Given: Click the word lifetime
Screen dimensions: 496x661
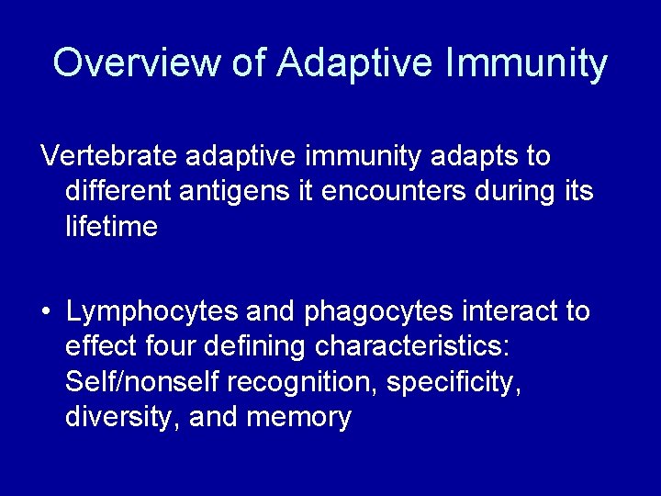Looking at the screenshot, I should (x=111, y=226).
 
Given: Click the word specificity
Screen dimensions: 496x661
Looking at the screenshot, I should (x=454, y=382).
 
